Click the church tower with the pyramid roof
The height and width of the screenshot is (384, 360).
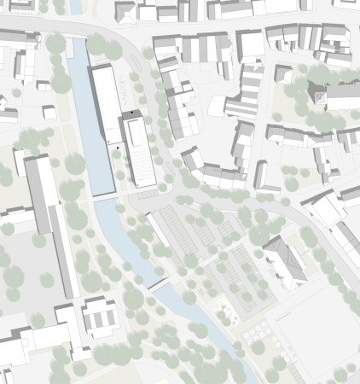pyautogui.click(x=316, y=94)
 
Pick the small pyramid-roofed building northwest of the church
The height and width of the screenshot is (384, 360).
pyautogui.click(x=282, y=73)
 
